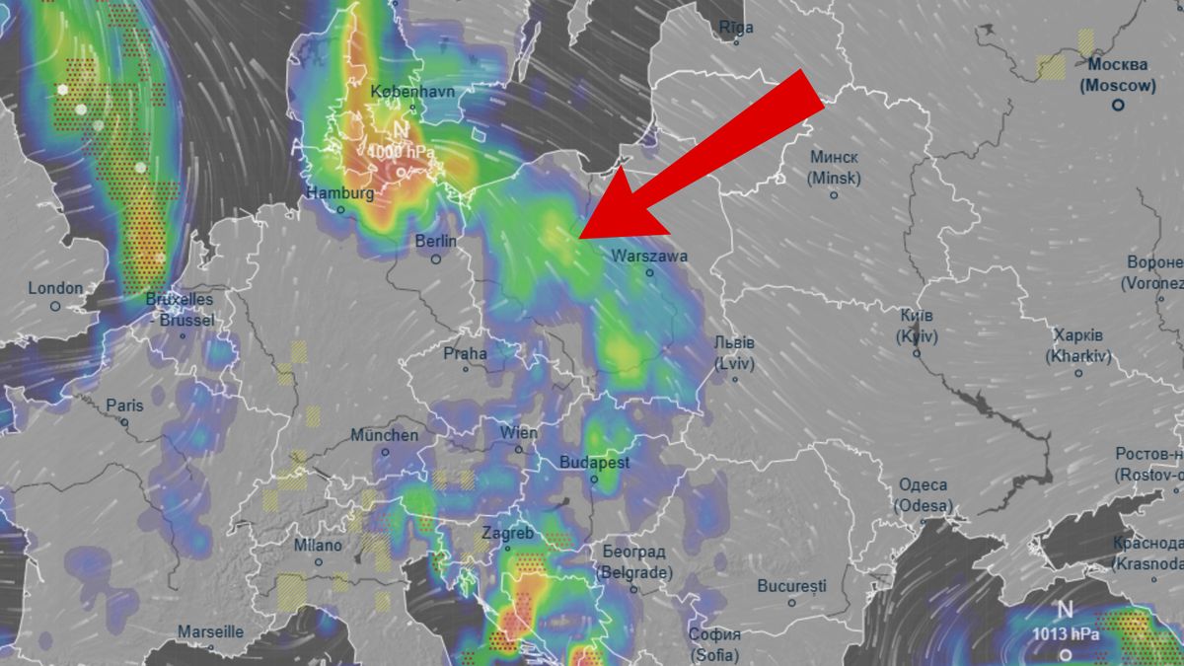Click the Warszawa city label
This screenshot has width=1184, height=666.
point(648,256)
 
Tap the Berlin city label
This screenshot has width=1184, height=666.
point(435,241)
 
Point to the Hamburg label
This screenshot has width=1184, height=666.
point(340,193)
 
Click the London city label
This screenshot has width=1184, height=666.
point(55,288)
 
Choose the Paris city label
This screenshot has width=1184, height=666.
point(124,406)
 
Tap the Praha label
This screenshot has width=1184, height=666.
point(465,353)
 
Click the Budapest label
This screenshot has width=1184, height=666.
point(594,462)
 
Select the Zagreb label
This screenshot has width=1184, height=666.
point(507,534)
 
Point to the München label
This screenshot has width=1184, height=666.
point(385,435)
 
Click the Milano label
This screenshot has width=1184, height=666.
point(318,546)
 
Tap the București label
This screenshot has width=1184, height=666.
point(791,586)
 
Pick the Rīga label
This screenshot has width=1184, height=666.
point(736,27)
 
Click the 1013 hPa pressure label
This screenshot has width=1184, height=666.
point(1066,634)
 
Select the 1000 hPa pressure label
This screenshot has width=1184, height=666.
point(399,152)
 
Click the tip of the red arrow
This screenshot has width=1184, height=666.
point(579,237)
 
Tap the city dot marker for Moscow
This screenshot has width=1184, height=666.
point(1118,104)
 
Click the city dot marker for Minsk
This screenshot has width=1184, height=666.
point(834,195)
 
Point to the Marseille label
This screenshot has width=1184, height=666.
point(210,631)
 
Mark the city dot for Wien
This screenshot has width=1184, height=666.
point(519,449)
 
